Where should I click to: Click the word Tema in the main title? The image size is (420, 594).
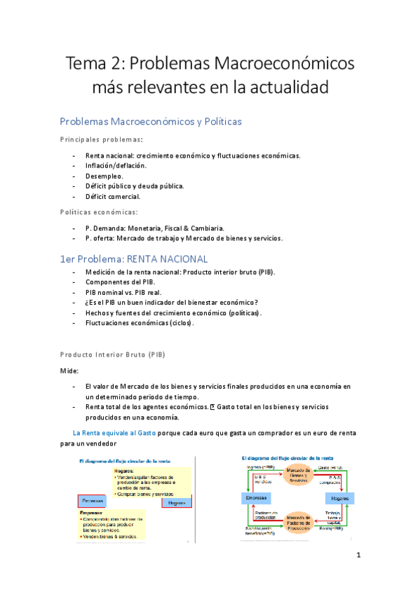point(85,64)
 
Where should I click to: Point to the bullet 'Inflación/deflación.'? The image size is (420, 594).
point(116,165)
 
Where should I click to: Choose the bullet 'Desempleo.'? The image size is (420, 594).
point(104,176)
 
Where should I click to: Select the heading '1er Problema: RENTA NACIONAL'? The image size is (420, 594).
point(134,258)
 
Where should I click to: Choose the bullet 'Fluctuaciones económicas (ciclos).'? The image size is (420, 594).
point(140,323)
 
